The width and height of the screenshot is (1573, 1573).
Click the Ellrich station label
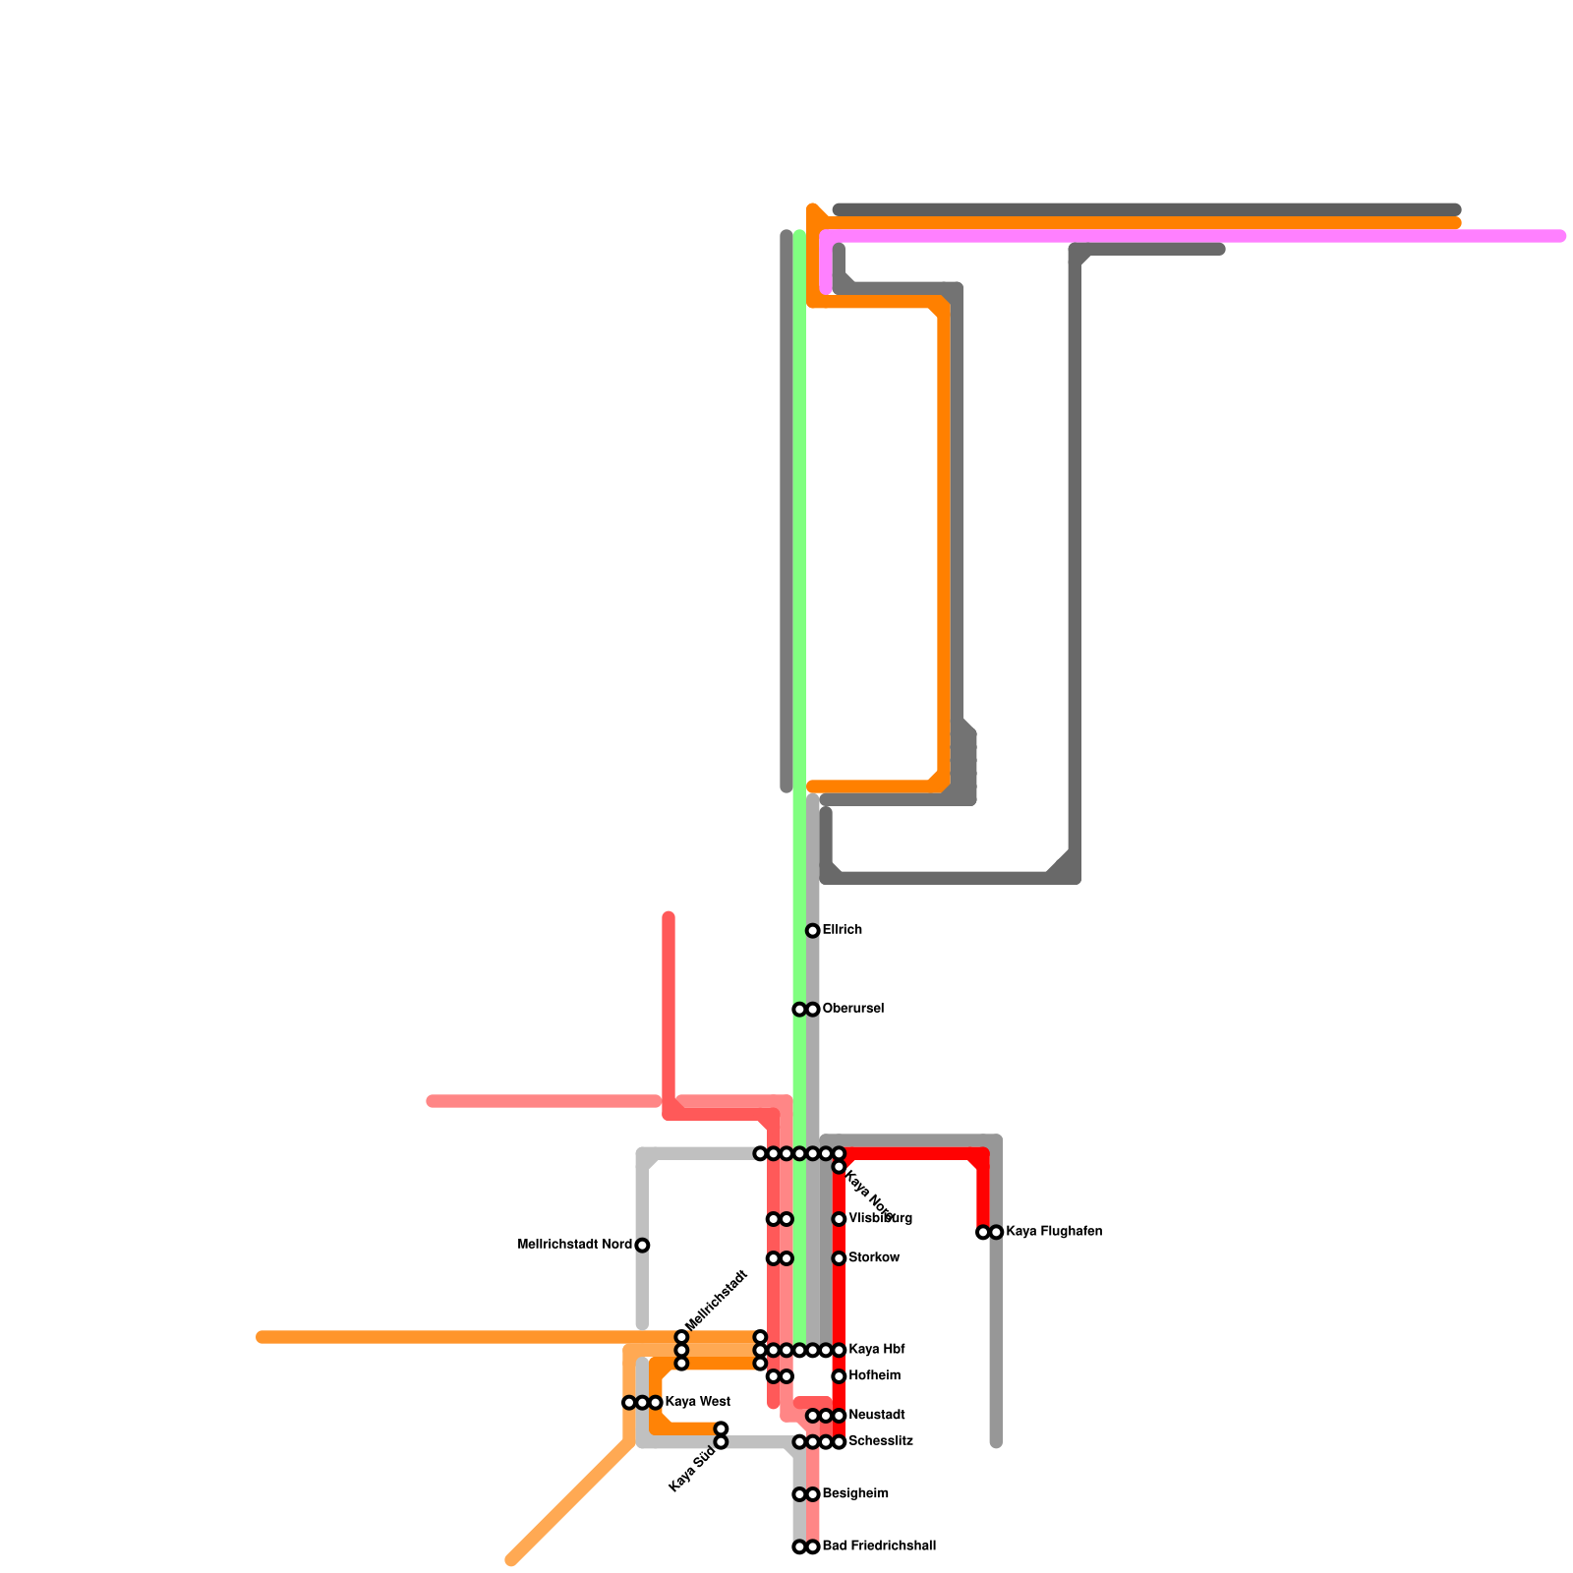coord(843,930)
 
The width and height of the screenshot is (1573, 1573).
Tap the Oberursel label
coord(853,1009)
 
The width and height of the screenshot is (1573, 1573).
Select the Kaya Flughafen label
coord(1054,1232)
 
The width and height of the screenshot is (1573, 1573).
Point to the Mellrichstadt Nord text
coord(574,1245)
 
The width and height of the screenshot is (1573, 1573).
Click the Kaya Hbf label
coord(876,1350)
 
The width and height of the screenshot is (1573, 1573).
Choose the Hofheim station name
coord(874,1376)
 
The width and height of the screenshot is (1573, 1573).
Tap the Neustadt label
coord(876,1416)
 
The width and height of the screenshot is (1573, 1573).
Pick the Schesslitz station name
coord(881,1441)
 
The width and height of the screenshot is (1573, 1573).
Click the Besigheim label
coord(855,1494)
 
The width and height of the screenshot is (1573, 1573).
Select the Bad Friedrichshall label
coord(879,1546)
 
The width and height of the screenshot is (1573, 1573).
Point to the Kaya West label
coord(697,1402)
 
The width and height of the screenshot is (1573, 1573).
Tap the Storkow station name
coord(874,1258)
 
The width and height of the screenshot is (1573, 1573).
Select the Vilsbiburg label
coord(880,1219)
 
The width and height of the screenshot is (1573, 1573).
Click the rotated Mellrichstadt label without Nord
coord(717,1301)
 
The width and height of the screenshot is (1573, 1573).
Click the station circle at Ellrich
coord(813,930)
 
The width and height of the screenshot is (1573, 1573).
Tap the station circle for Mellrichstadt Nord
coord(642,1246)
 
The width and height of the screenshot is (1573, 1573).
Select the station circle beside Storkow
coord(839,1258)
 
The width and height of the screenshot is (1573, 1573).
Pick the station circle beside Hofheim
coord(839,1376)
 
